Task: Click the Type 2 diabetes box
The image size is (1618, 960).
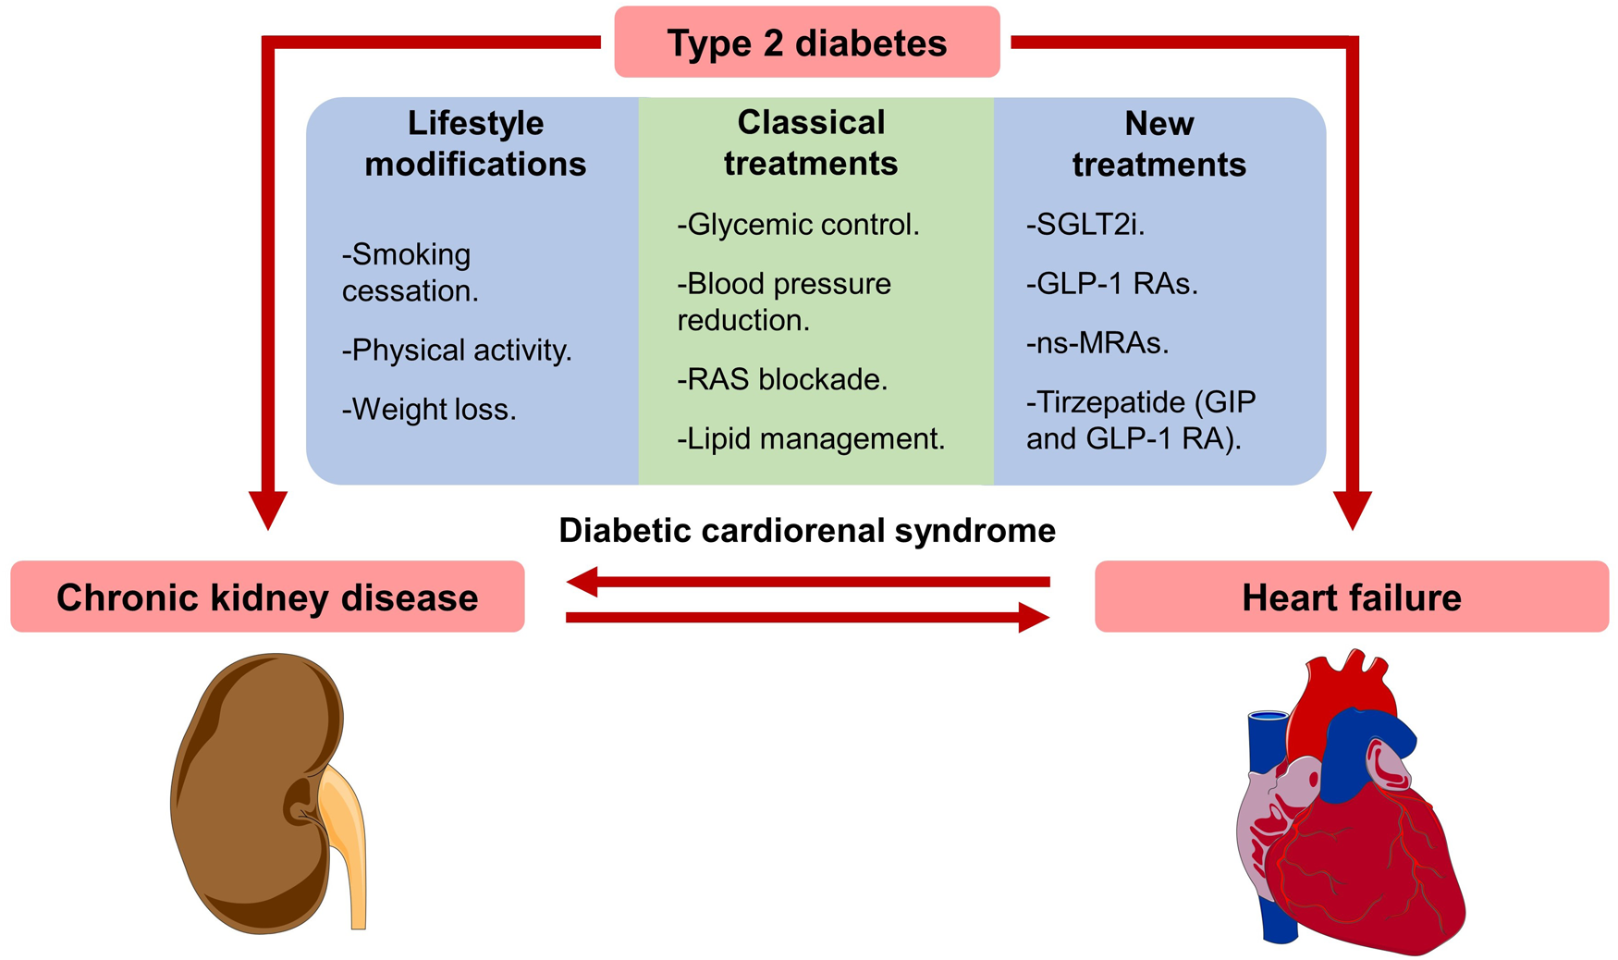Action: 806,43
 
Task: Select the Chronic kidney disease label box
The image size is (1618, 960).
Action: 267,597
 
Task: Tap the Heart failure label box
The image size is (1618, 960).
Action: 1351,597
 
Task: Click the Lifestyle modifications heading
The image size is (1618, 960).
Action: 475,143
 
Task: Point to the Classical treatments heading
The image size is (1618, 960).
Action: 810,142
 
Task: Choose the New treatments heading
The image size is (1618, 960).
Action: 1158,143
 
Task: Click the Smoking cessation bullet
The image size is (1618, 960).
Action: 410,272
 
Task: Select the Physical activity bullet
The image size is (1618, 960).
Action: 457,351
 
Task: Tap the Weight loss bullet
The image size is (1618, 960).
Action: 429,409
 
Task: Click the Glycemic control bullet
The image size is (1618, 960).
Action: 798,225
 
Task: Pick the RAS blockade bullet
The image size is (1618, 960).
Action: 782,379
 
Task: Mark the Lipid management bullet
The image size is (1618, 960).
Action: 811,438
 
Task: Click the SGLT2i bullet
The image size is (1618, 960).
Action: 1085,225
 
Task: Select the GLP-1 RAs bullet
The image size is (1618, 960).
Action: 1111,284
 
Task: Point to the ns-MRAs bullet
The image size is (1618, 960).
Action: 1097,343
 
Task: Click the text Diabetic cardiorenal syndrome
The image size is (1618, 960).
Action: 806,531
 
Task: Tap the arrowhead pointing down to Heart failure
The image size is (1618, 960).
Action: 1352,511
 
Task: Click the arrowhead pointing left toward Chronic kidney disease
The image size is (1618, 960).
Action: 582,582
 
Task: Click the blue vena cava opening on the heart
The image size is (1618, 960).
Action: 1269,717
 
